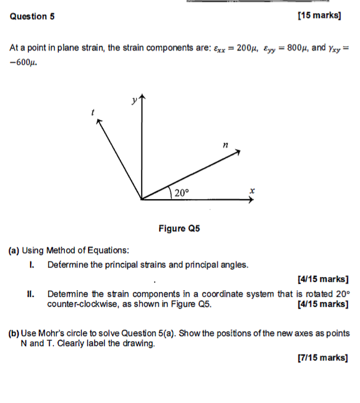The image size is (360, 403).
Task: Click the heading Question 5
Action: pos(32,17)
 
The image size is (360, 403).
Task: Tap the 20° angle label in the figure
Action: pos(180,193)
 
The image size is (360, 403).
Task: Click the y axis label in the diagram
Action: pos(133,100)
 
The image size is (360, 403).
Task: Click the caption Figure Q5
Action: pos(179,229)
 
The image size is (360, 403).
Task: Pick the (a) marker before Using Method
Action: pos(13,251)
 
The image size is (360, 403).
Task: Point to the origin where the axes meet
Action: pos(142,200)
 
